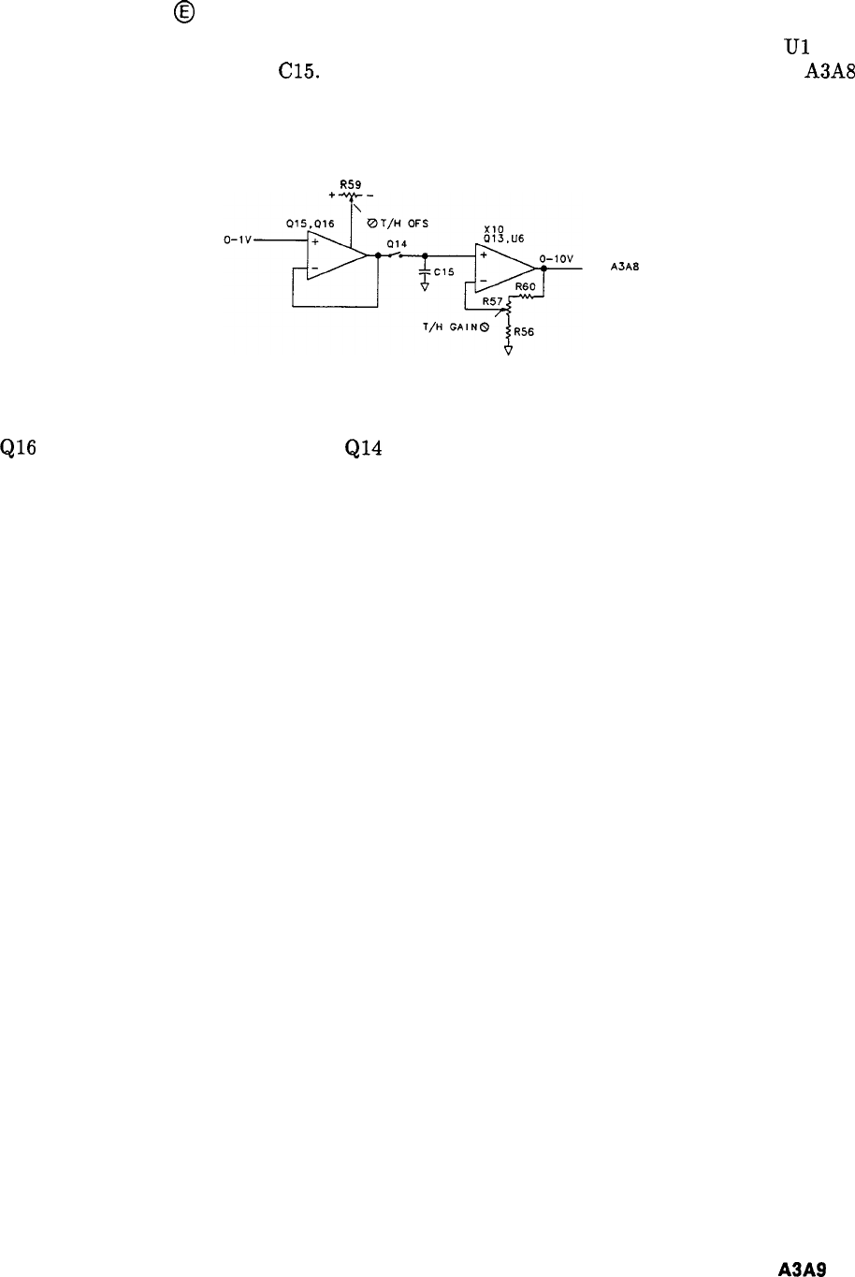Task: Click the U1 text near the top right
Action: tap(797, 47)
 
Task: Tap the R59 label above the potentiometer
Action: tap(351, 185)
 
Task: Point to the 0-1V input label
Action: tap(238, 240)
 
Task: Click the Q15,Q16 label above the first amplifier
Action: tap(311, 225)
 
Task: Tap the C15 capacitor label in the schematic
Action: tap(444, 272)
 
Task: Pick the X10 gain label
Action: tap(493, 227)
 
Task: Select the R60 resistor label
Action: tap(525, 287)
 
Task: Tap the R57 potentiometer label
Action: tap(492, 302)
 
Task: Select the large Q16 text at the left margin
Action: tap(19, 448)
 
